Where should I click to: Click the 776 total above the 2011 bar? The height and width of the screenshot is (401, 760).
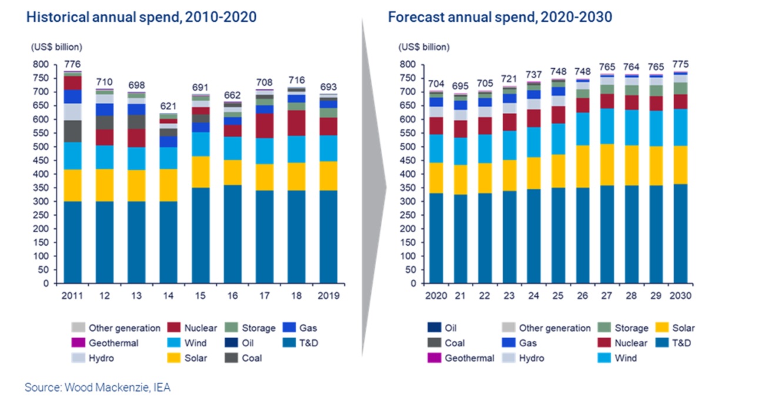[x=72, y=64]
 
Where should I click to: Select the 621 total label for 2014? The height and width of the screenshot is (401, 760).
[x=169, y=106]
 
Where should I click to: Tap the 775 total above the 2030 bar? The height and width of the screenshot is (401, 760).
[x=680, y=64]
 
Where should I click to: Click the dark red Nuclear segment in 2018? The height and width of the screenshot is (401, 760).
[x=297, y=123]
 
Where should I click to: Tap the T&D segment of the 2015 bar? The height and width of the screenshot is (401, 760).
[x=201, y=235]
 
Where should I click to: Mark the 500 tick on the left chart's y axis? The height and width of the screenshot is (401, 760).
[x=40, y=147]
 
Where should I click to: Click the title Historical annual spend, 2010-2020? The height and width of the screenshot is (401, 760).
[x=141, y=17]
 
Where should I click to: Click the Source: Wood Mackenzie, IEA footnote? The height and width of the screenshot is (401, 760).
[x=98, y=387]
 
